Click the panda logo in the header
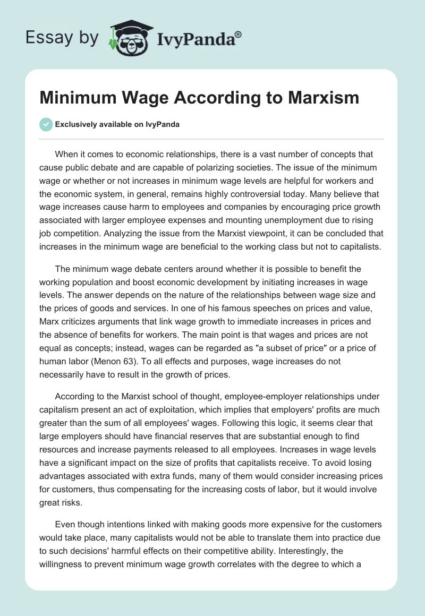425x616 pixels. pyautogui.click(x=126, y=37)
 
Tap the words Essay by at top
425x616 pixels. pyautogui.click(x=62, y=38)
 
